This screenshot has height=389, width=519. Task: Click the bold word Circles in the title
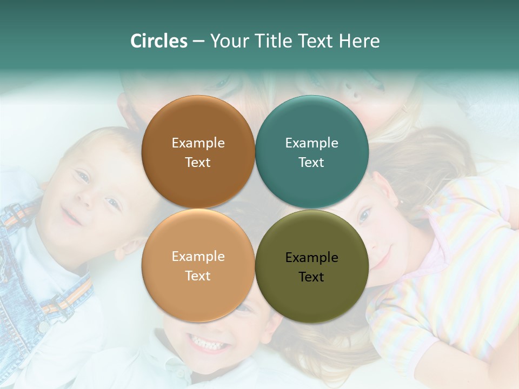[159, 41]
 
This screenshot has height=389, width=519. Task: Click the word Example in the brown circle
[198, 143]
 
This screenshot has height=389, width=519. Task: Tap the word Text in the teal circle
[311, 163]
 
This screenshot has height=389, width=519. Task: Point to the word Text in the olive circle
[311, 277]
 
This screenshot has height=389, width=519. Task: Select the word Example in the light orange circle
[198, 257]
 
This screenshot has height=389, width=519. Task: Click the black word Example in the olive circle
[311, 258]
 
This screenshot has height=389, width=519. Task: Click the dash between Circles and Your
[198, 42]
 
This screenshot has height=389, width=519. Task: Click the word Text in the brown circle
[198, 163]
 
